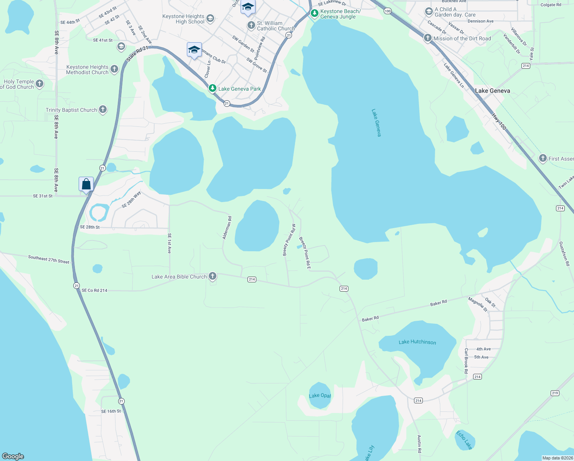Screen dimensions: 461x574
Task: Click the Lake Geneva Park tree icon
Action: (212, 88)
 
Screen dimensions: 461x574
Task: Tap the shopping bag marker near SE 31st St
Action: (86, 184)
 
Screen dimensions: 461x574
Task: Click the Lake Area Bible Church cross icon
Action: (212, 276)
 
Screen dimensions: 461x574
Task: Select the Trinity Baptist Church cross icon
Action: (102, 109)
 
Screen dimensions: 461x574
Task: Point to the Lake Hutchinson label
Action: (417, 342)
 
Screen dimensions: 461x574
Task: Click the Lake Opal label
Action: (320, 396)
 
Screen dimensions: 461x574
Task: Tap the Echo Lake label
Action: (464, 440)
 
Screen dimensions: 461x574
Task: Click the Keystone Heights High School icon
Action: (210, 18)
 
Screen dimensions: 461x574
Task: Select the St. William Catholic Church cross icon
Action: (251, 25)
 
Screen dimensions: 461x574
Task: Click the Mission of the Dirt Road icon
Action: (428, 38)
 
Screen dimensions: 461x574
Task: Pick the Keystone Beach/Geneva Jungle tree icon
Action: (315, 14)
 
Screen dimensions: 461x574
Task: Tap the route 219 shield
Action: (555, 393)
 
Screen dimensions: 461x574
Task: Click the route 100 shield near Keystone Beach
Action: (388, 11)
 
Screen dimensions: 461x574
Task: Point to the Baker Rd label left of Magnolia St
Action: (438, 303)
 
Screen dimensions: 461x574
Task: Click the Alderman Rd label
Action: (227, 228)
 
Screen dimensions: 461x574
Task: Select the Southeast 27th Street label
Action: (49, 259)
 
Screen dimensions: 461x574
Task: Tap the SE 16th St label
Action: (111, 411)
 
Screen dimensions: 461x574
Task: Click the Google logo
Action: (13, 456)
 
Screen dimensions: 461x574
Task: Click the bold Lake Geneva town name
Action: (492, 91)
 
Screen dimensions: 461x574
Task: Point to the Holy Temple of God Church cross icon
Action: (39, 84)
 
